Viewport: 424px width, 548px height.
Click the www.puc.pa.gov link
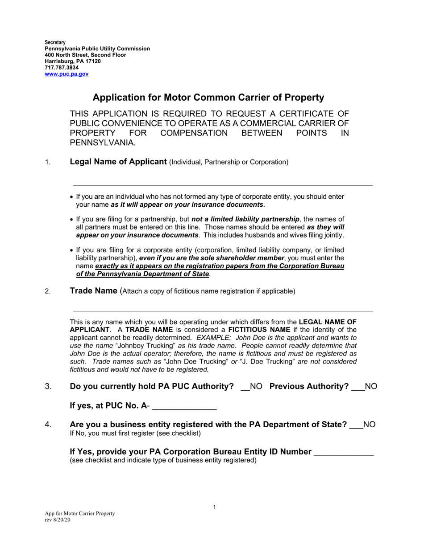click(67, 74)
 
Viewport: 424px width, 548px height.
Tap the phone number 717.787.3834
click(62, 68)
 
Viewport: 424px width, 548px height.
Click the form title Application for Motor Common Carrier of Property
click(208, 98)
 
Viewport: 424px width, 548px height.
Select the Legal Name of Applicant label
click(118, 162)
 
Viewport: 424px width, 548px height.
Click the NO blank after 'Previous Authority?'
click(357, 387)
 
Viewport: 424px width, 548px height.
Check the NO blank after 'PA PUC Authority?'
click(245, 387)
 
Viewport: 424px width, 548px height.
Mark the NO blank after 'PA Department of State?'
click(356, 425)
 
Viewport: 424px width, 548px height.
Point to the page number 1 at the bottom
click(214, 507)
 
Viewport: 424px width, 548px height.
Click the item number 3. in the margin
click(48, 387)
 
